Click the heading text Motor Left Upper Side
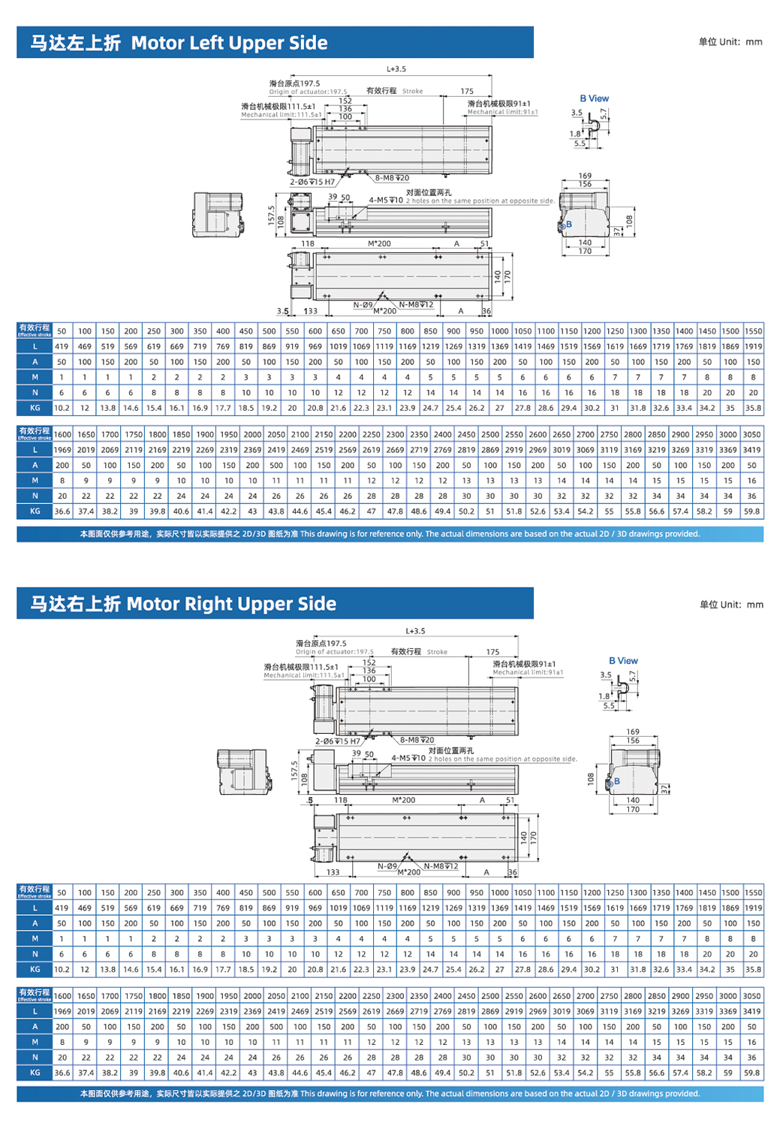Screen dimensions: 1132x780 pos(229,43)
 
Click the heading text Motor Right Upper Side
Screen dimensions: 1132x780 pos(231,604)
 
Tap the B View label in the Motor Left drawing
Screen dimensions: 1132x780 pos(594,98)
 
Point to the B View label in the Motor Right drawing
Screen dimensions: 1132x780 pos(623,661)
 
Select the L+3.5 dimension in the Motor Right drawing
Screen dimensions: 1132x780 pos(415,631)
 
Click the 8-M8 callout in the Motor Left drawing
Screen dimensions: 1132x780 pos(392,178)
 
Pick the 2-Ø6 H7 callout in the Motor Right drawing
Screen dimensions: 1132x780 pos(337,741)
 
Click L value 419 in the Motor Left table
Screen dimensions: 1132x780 pos(62,346)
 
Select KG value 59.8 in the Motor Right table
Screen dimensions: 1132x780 pos(751,1073)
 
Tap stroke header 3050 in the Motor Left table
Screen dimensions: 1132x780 pos(751,434)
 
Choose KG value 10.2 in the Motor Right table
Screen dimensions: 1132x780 pos(62,969)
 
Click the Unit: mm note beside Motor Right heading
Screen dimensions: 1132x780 pos(731,604)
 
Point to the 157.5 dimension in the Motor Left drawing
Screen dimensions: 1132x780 pos(272,215)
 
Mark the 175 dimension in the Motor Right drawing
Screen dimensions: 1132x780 pos(492,652)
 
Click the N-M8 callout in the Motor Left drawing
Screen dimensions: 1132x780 pos(416,304)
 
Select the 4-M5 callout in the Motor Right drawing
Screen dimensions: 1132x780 pos(408,758)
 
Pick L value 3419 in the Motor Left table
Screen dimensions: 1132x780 pos(751,449)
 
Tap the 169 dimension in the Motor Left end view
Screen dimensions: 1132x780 pos(585,176)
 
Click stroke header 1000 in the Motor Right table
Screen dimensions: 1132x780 pos(499,892)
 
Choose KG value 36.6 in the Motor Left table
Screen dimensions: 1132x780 pos(62,511)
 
